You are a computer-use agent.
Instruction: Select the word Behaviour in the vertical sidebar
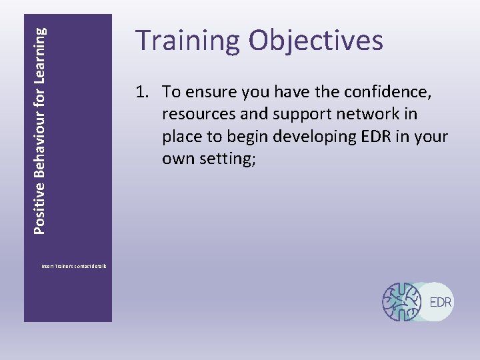[40, 150]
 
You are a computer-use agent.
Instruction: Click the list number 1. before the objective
[145, 91]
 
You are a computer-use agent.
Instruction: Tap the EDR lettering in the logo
[441, 302]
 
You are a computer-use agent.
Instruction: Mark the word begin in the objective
[251, 137]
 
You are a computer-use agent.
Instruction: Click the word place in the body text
[183, 137]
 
